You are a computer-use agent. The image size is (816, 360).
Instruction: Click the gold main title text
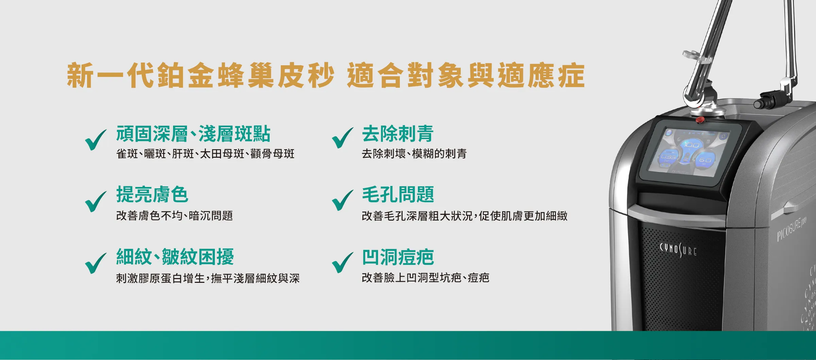click(x=325, y=75)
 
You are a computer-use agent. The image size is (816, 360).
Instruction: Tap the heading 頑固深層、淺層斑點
click(x=193, y=134)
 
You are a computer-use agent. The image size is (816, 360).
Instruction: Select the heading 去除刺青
click(x=397, y=134)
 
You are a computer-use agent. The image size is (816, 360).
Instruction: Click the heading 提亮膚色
click(x=152, y=195)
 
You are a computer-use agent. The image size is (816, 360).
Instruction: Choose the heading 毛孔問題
click(x=398, y=195)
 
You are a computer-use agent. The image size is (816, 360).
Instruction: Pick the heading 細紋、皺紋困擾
click(x=175, y=257)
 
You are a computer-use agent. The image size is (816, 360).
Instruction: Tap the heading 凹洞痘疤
click(x=398, y=257)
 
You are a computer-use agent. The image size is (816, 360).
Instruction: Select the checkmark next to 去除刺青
click(x=342, y=138)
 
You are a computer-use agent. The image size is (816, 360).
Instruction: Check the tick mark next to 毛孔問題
click(x=342, y=200)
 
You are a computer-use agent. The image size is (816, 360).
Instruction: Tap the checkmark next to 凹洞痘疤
click(x=342, y=262)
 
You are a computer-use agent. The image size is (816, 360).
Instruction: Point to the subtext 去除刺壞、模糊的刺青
click(x=414, y=154)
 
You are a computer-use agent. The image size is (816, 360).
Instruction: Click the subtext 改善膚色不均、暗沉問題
click(x=174, y=216)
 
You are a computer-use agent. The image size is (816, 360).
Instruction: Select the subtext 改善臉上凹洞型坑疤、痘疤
click(x=425, y=278)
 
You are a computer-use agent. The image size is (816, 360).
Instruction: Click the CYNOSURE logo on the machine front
click(x=678, y=250)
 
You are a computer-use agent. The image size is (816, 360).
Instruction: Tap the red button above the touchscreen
click(x=700, y=120)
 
